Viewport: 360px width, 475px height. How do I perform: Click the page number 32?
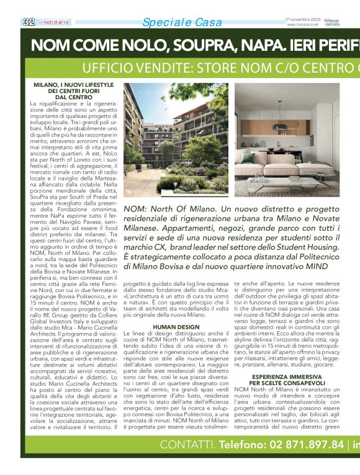coord(28,22)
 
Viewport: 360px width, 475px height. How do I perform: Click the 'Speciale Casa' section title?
coord(182,23)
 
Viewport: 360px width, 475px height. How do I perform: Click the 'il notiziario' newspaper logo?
coord(55,22)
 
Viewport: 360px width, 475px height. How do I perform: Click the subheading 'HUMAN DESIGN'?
coord(176,326)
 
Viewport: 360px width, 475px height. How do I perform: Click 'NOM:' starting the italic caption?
coord(138,210)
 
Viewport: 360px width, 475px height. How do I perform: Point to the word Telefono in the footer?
coord(244,462)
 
